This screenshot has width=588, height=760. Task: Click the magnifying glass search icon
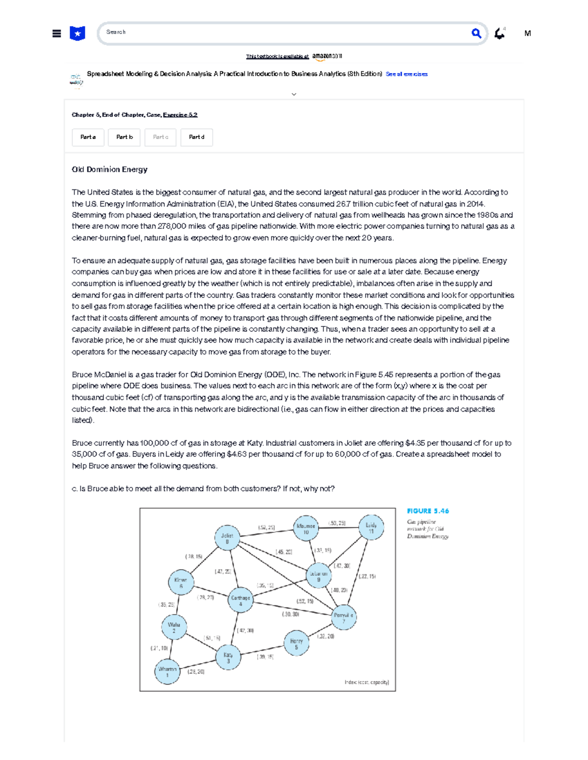coord(476,33)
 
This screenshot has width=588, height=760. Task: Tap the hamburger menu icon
coord(57,34)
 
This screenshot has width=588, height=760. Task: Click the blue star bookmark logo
coord(77,33)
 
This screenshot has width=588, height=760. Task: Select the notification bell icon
coord(499,33)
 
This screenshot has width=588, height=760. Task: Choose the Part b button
coord(124,138)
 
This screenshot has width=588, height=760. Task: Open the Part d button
coord(196,138)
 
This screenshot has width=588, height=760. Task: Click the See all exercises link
coord(406,74)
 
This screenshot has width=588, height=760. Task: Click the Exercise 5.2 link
coord(180,115)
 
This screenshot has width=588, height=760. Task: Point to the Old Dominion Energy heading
coord(109,169)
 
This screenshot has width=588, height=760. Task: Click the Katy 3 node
coord(228,658)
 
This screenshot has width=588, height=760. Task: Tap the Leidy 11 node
coord(371,528)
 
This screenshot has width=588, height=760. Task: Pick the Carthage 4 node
coord(241,600)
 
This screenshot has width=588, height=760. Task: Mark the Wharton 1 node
coord(167,671)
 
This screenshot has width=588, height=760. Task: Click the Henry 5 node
coord(296,644)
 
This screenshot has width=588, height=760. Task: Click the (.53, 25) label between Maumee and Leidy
coord(337,523)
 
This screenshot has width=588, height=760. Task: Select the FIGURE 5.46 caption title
coord(428,511)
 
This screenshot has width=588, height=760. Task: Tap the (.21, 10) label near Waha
coord(159,648)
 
